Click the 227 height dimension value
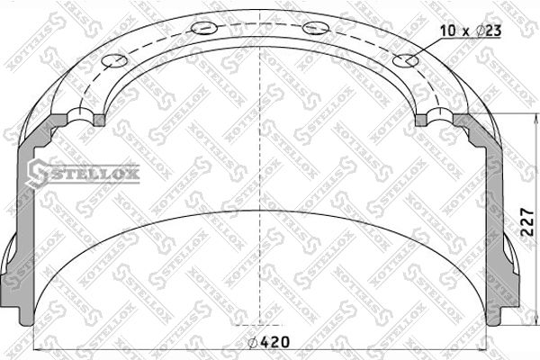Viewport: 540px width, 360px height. tap(526, 222)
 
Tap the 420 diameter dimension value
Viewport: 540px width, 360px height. tap(274, 342)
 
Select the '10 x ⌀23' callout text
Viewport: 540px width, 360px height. tap(471, 31)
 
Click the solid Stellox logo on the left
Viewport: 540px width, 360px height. tap(84, 174)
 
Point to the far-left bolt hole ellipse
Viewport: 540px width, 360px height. tap(114, 61)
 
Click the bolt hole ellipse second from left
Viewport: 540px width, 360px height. tap(204, 28)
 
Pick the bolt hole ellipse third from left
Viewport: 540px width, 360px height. tap(316, 28)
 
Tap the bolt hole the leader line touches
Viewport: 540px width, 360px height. tap(406, 61)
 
